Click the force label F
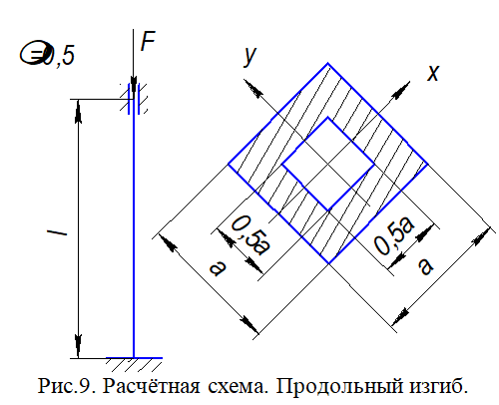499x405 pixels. pos(148,41)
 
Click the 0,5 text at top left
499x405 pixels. pos(48,54)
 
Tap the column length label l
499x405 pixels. pos(57,231)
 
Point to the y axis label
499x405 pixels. pos(249,57)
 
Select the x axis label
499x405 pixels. pos(433,73)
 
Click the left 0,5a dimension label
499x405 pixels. pos(250,235)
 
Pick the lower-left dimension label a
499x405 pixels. pos(218,268)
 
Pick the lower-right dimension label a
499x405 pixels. pos(426,266)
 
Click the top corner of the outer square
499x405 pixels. pos(328,63)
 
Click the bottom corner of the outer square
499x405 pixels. pos(328,263)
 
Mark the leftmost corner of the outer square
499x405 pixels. pos(229,164)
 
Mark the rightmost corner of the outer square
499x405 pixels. pos(427,164)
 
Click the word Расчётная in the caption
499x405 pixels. pos(151,386)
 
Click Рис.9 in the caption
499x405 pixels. pos(67,386)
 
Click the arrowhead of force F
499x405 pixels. pos(134,86)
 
